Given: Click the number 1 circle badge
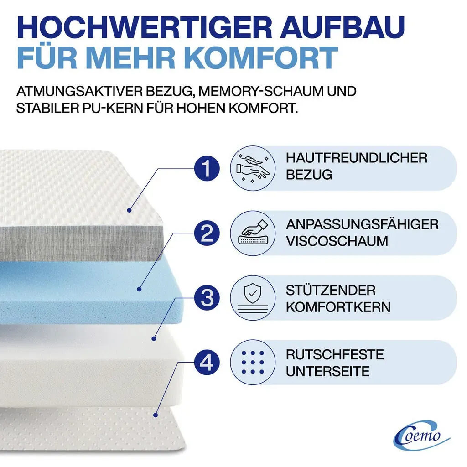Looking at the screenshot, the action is point(207,168).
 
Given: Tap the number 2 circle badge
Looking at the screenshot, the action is point(207,233).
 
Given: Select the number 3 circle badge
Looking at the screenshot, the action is point(207,298).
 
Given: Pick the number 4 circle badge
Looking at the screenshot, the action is point(207,363).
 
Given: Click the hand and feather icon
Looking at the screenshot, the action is point(253,168).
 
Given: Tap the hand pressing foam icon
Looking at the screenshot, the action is point(253,233).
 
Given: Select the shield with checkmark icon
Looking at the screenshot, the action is point(253,298).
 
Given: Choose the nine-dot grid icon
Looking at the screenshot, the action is point(253,363).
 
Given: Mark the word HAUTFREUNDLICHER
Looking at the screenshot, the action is point(357,158).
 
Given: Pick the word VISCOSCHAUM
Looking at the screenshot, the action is point(337,241).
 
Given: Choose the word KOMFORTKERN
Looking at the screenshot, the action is point(338,307).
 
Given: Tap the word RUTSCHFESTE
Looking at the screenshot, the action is point(335,354).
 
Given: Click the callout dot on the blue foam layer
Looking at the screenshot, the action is point(139,289).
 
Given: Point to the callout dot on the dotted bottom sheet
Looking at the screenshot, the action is point(155,415).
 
